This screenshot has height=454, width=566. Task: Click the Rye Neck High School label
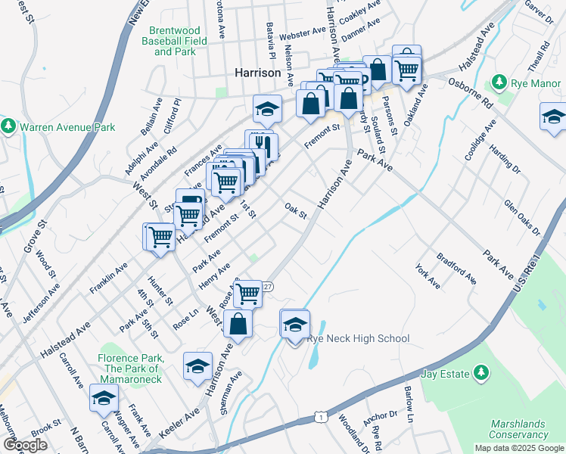(x=358, y=339)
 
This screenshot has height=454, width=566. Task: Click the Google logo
(x=26, y=445)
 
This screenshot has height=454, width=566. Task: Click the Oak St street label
(x=295, y=211)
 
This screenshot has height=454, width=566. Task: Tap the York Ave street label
(x=428, y=276)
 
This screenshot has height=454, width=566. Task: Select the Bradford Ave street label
(x=462, y=272)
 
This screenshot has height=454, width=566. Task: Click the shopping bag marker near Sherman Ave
(x=238, y=324)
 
